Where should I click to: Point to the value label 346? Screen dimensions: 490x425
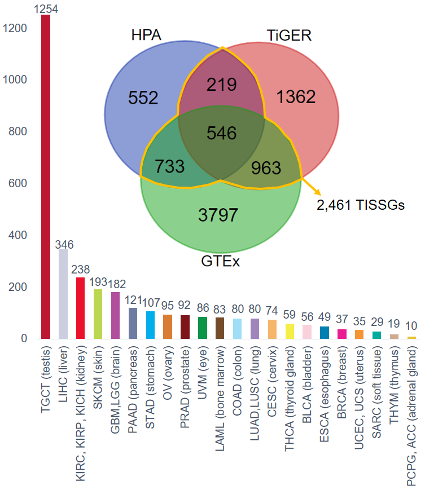click(x=64, y=244)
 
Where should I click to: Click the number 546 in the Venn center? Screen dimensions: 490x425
click(x=221, y=134)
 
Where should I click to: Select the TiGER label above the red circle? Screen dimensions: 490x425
click(x=288, y=36)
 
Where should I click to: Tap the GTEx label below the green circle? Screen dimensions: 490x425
click(x=220, y=262)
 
